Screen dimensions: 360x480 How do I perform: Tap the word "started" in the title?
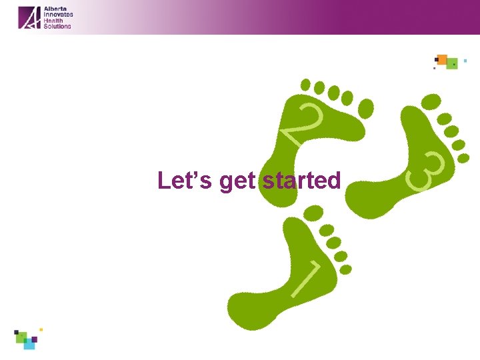pyautogui.click(x=301, y=181)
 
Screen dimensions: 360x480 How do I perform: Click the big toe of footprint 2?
pyautogui.click(x=366, y=107)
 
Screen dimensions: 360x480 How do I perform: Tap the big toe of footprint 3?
pyautogui.click(x=431, y=101)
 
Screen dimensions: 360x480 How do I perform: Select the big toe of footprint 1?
pyautogui.click(x=311, y=213)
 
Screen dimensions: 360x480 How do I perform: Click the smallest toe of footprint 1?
pyautogui.click(x=346, y=269)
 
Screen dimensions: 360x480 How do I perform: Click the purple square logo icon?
pyautogui.click(x=29, y=17)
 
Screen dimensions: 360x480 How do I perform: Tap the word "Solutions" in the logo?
pyautogui.click(x=57, y=26)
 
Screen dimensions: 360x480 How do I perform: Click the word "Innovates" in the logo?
pyautogui.click(x=58, y=15)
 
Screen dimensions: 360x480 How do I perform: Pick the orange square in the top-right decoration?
pyautogui.click(x=441, y=59)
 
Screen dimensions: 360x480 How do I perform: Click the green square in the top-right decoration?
pyautogui.click(x=452, y=63)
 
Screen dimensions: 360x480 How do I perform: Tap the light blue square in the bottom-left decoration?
pyautogui.click(x=29, y=345)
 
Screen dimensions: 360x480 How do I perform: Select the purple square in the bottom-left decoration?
pyautogui.click(x=34, y=339)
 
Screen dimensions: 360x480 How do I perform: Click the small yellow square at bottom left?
pyautogui.click(x=41, y=329)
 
